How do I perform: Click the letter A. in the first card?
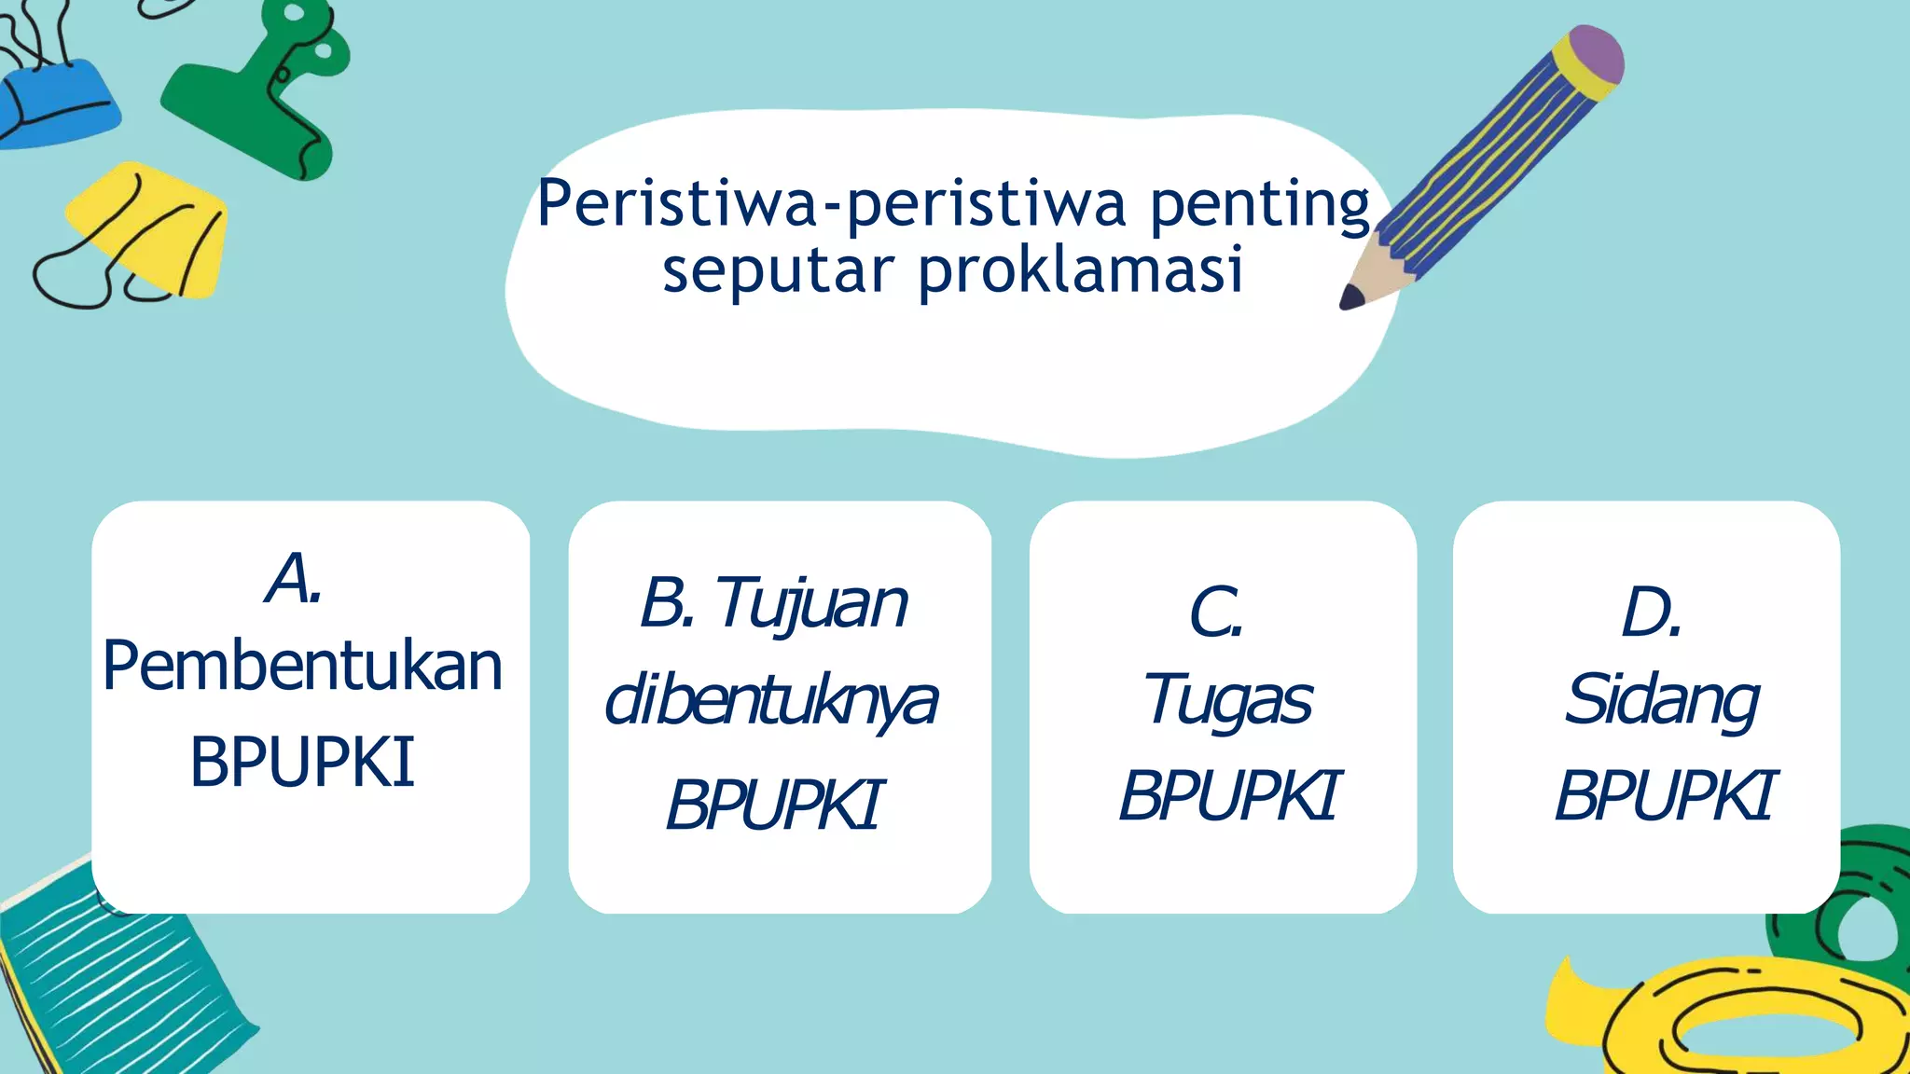tap(295, 579)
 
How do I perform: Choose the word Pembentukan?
tap(303, 667)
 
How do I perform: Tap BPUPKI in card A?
tap(302, 763)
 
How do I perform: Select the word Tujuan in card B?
tap(811, 603)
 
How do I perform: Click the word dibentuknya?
tap(771, 701)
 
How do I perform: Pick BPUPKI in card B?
tap(773, 805)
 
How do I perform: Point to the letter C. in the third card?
tap(1216, 613)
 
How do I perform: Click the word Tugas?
tap(1228, 700)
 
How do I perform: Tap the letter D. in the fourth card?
tap(1651, 613)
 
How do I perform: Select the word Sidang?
tap(1662, 700)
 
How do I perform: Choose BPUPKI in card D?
tap(1666, 795)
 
